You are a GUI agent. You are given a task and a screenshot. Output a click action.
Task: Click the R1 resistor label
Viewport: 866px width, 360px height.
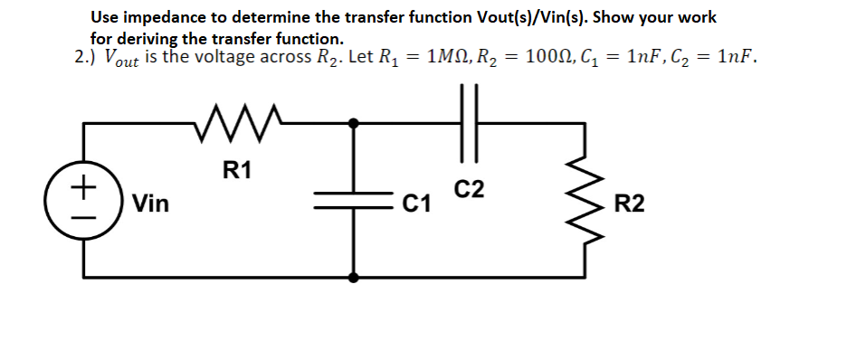[x=237, y=169]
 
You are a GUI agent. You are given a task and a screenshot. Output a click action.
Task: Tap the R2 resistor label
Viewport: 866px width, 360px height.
[x=629, y=204]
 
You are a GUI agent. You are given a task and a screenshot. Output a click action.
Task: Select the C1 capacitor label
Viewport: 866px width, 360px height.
[x=416, y=205]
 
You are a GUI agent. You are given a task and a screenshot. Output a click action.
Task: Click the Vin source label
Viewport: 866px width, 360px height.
[x=150, y=204]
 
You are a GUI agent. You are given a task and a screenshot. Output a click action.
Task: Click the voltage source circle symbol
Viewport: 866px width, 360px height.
[x=85, y=199]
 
